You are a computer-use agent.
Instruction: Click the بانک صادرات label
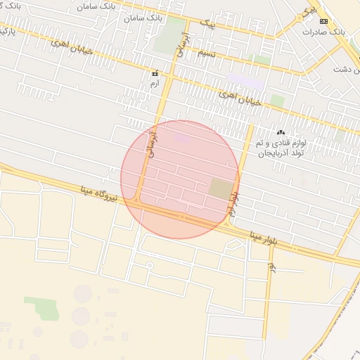(x=324, y=32)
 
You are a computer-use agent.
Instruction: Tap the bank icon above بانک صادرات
(x=323, y=22)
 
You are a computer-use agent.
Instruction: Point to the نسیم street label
(x=206, y=53)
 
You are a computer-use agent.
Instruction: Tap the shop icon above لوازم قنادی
(x=282, y=131)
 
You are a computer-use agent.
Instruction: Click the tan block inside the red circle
(x=221, y=188)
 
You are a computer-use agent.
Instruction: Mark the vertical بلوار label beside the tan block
(x=235, y=204)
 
